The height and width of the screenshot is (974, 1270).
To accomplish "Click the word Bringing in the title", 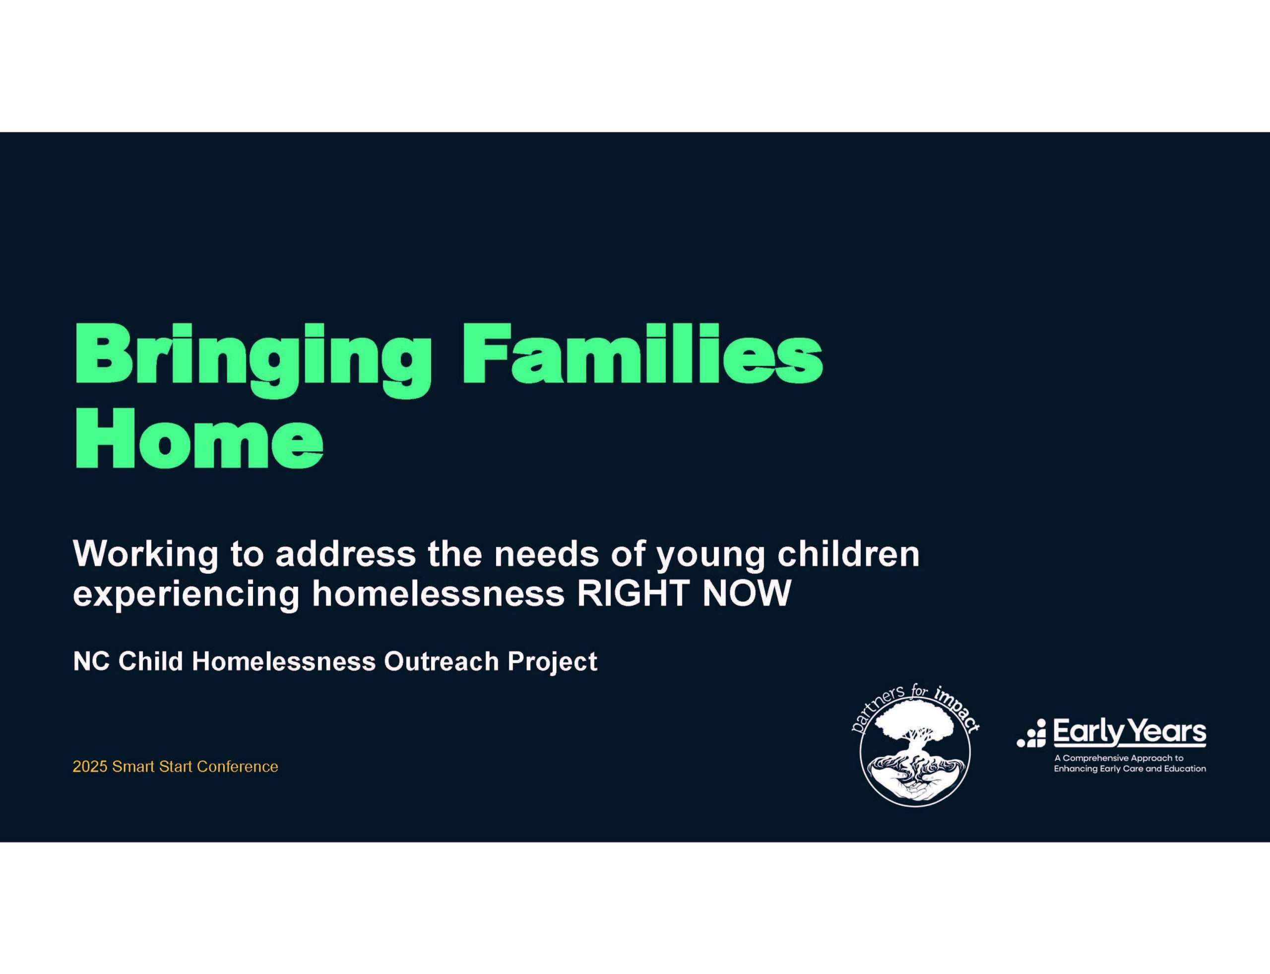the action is click(x=253, y=361).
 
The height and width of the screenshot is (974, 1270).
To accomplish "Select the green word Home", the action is click(x=199, y=438).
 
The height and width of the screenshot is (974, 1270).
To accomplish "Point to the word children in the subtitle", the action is click(x=848, y=553).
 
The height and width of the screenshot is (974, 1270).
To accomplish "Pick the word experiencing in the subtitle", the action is click(x=186, y=594).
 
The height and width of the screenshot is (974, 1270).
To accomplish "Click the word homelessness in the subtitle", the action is click(x=439, y=594).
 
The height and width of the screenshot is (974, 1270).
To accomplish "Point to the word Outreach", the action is click(x=442, y=661).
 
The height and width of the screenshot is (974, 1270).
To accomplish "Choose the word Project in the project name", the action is click(x=553, y=662).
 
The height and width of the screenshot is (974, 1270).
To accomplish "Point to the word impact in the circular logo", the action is click(x=957, y=710).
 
